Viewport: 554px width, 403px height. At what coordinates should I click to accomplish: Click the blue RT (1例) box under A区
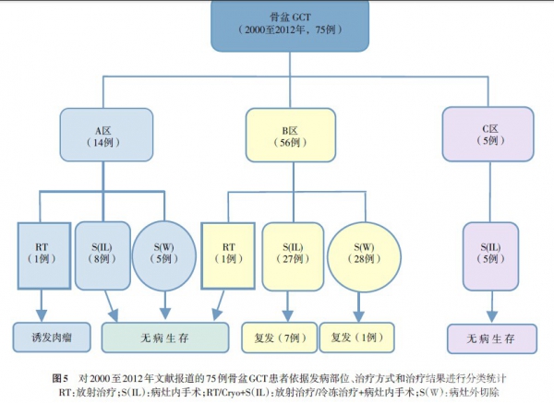click(42, 253)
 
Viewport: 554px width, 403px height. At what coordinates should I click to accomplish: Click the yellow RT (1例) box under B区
click(227, 253)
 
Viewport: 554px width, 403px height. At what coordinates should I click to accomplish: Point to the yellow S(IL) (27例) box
click(288, 253)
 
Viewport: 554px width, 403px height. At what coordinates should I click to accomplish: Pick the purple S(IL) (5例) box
click(488, 253)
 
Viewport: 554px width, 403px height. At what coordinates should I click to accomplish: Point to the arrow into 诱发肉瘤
click(42, 304)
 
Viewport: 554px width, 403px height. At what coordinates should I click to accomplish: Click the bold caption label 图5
click(63, 379)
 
